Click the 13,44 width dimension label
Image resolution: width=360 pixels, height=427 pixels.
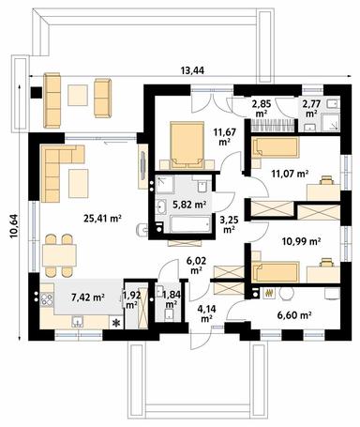tap(192, 70)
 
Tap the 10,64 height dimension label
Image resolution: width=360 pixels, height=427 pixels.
tap(14, 226)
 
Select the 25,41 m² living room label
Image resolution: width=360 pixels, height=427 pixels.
tap(102, 219)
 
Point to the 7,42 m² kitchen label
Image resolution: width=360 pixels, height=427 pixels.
tap(88, 297)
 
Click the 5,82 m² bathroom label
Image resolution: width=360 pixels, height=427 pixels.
tap(189, 205)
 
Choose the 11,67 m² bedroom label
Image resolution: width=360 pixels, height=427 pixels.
tap(225, 136)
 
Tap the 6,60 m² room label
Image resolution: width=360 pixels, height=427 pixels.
tap(294, 315)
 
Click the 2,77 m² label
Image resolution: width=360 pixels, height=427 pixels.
tap(310, 108)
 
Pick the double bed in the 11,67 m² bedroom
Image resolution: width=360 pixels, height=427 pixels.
tap(187, 143)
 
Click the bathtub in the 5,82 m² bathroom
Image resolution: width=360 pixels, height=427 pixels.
tap(190, 224)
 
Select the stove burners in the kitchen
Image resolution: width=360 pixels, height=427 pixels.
tap(47, 298)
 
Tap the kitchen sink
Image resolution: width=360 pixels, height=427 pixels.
tap(77, 321)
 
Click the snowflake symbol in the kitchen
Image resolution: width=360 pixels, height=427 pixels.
tap(116, 322)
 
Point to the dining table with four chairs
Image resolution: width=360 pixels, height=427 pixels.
tap(59, 255)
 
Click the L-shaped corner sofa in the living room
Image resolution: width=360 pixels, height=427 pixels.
tap(58, 167)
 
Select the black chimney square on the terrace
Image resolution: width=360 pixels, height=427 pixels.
tap(37, 93)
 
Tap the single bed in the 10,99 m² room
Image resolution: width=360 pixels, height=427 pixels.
tap(276, 272)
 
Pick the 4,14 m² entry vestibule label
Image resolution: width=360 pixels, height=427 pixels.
tap(205, 313)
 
